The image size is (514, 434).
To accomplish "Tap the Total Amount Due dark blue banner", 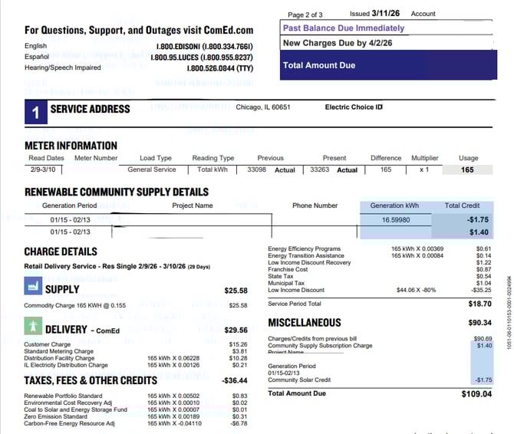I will [388, 65].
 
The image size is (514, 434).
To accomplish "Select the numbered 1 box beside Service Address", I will [35, 112].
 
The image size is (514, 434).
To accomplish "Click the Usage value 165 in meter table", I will [467, 170].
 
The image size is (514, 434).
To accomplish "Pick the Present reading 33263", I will [321, 170].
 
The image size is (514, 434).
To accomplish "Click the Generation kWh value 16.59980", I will [396, 219].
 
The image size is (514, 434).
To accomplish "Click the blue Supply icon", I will [32, 288].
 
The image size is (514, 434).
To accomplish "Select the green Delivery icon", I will [32, 327].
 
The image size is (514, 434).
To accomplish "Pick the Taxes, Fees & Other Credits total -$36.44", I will [235, 380].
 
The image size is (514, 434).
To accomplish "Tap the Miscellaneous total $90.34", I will [479, 323].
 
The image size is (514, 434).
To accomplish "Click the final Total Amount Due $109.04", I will [477, 394].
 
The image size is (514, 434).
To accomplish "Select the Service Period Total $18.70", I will [479, 304].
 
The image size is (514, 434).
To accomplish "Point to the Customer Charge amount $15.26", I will [238, 344].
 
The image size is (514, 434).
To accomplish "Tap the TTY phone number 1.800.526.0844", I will [220, 68].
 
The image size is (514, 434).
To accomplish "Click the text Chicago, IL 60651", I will [263, 107].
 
